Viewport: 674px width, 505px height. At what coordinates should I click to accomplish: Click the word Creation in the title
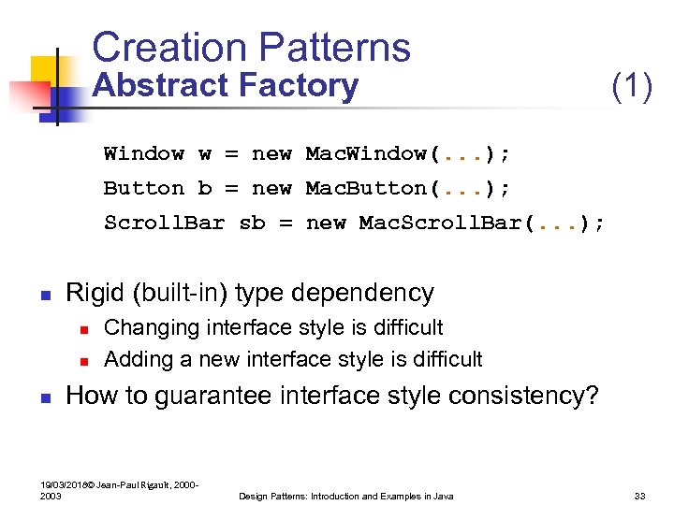[x=165, y=48]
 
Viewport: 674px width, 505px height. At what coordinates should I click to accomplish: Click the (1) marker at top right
[x=631, y=87]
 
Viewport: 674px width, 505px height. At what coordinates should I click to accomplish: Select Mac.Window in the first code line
[x=367, y=153]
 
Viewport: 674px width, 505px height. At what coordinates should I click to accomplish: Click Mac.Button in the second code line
[x=367, y=188]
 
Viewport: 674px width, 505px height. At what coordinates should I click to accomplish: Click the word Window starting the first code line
[x=143, y=153]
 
